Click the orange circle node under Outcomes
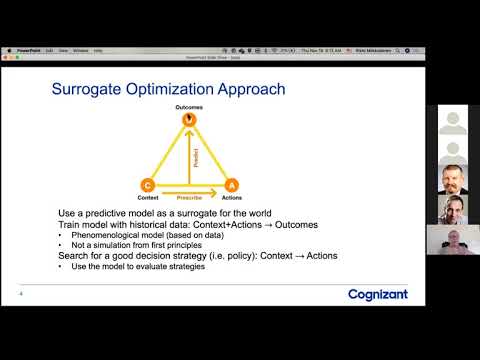[186, 121]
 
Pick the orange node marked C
[148, 185]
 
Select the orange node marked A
[230, 185]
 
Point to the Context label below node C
[147, 198]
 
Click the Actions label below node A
[232, 198]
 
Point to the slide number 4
[22, 294]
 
